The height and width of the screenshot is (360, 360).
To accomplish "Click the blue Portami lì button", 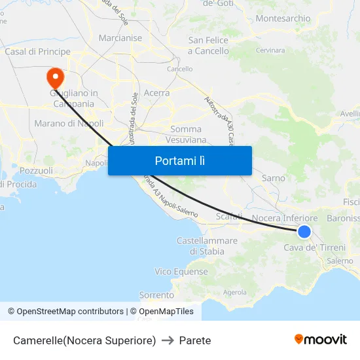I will pyautogui.click(x=180, y=160).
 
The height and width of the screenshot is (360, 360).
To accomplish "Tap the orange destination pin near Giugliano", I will pyautogui.click(x=55, y=78).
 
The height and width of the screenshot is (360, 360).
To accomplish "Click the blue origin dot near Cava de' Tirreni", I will pyautogui.click(x=304, y=231).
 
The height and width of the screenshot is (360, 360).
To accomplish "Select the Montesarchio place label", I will pyautogui.click(x=283, y=18).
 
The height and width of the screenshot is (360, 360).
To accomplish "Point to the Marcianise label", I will pyautogui.click(x=120, y=38).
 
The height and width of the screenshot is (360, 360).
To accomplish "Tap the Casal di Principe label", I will pyautogui.click(x=37, y=51).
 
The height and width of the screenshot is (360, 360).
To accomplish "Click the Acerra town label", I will pyautogui.click(x=156, y=93).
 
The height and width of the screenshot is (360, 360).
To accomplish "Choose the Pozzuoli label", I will pyautogui.click(x=37, y=171).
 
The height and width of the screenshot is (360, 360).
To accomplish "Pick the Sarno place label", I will pyautogui.click(x=274, y=178).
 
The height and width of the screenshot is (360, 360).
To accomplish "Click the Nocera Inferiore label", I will pyautogui.click(x=285, y=218).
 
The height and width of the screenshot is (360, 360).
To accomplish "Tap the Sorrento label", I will pyautogui.click(x=156, y=295).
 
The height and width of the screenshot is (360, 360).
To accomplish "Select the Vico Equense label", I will pyautogui.click(x=181, y=271).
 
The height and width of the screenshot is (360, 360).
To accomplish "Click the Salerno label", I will pyautogui.click(x=340, y=261).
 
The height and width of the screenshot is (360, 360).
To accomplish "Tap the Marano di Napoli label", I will pyautogui.click(x=69, y=123).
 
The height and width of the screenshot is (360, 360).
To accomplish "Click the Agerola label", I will pyautogui.click(x=235, y=292).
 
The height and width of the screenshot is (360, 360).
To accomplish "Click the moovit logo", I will pyautogui.click(x=321, y=340).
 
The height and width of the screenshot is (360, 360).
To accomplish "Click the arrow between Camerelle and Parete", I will pyautogui.click(x=167, y=340).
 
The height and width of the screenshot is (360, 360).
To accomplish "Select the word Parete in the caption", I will pyautogui.click(x=195, y=340).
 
